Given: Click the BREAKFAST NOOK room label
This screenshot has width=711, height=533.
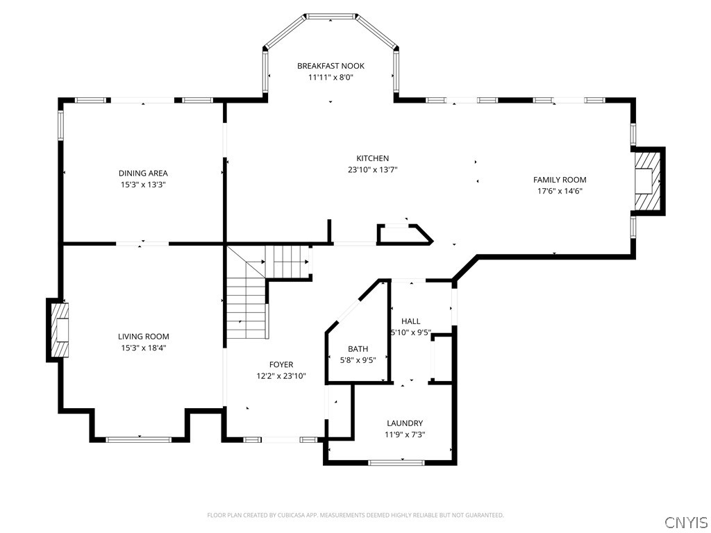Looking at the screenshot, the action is pos(331,66).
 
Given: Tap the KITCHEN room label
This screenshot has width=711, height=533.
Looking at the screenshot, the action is pos(372,158).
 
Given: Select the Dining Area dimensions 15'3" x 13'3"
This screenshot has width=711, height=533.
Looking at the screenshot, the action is pos(143,185).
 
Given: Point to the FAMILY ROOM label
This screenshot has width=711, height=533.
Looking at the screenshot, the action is pos(560,180).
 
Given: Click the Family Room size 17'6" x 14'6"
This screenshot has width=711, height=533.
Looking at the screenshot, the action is pos(560,191).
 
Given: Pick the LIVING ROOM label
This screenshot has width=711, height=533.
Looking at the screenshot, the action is pos(143,337).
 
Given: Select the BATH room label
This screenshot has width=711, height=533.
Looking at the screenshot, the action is pos(358,349).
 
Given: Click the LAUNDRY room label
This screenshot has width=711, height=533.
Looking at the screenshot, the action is pos(405,423).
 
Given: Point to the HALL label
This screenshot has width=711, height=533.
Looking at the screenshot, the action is pos(410,321).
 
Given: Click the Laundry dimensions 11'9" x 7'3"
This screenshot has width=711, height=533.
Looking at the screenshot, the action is pos(405,434).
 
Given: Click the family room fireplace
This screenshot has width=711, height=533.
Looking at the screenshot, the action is pos(648,180).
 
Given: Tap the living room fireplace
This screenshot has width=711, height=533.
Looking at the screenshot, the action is pos(58,330).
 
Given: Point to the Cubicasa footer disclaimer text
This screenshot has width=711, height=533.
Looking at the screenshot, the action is pos(355,516).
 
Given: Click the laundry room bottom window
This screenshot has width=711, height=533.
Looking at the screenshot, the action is pos(396,462).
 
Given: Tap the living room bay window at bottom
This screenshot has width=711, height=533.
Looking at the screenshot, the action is pos(139,439).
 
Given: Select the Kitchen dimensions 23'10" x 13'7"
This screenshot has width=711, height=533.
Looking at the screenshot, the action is pos(372,169).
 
